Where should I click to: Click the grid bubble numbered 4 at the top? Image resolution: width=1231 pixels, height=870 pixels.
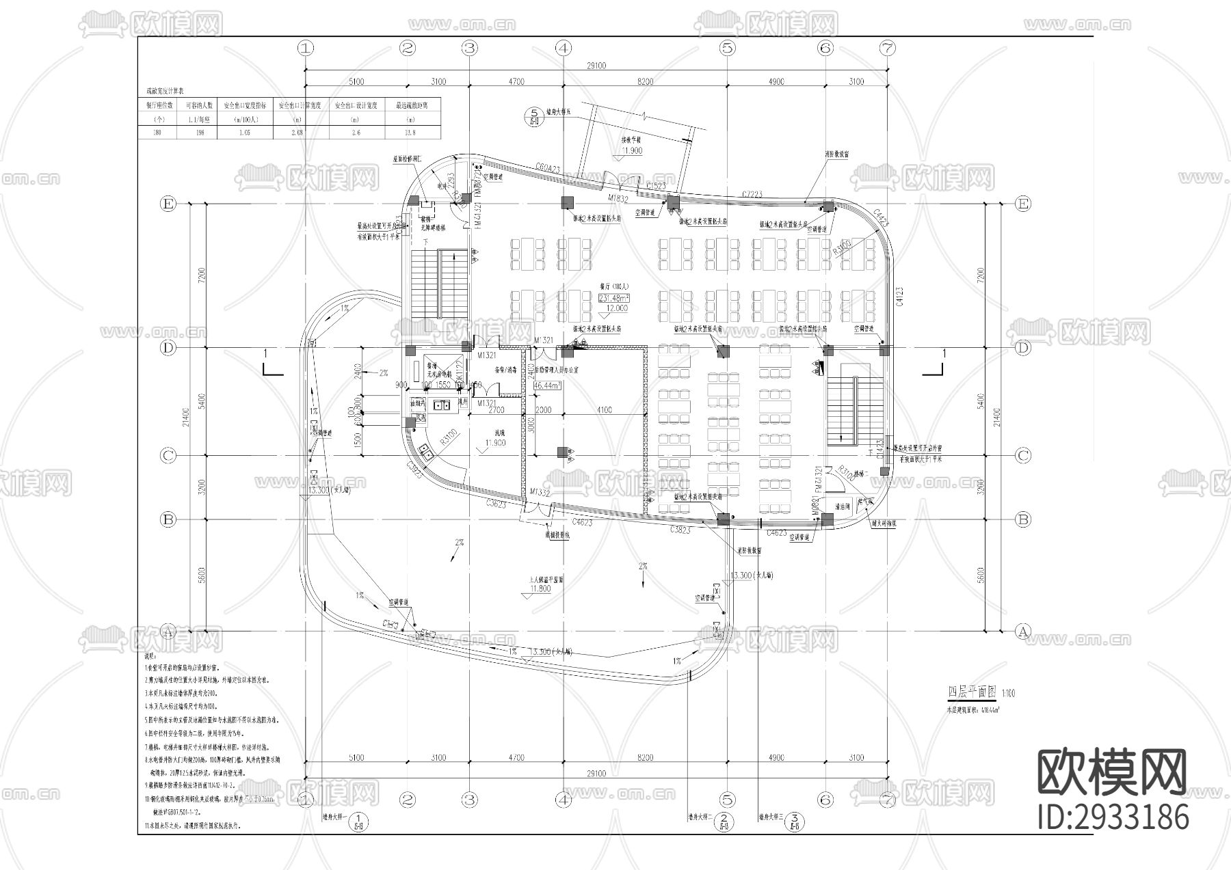(x=563, y=48)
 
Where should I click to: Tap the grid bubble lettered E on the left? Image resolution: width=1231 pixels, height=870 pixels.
(x=168, y=204)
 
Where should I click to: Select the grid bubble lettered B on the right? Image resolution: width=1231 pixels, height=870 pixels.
(x=1022, y=519)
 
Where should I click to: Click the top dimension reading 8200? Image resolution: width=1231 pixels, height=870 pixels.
(x=644, y=81)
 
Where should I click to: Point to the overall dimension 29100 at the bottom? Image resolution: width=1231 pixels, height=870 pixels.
(x=596, y=773)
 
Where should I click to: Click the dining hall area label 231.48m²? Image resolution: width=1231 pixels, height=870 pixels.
(x=614, y=298)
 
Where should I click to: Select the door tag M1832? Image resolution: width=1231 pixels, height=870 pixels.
(x=619, y=198)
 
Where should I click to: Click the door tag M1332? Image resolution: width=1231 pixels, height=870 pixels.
(x=540, y=492)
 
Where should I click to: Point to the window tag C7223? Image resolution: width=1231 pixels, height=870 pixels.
(x=752, y=195)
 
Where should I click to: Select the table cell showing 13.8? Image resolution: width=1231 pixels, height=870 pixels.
(x=412, y=132)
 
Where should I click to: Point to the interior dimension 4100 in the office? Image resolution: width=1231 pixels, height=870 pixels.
(x=605, y=410)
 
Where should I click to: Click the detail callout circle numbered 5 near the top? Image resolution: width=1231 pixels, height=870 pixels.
(x=534, y=115)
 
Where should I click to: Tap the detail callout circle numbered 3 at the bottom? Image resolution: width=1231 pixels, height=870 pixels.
(x=794, y=817)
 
